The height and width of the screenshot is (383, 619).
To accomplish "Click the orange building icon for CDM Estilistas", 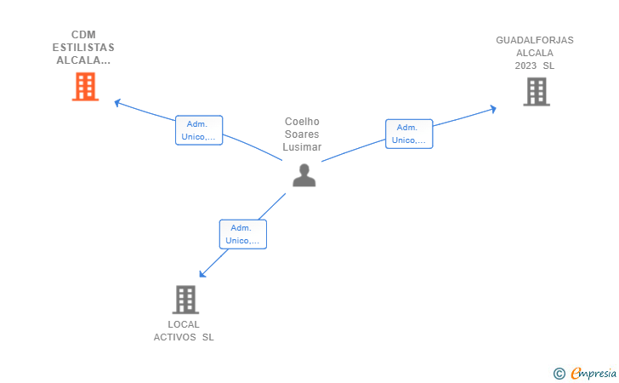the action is (85, 87).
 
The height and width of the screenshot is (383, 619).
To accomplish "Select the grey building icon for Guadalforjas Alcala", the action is (537, 92).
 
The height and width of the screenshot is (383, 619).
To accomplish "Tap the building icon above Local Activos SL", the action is (185, 300).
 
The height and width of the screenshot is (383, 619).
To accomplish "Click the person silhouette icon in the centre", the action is (304, 175).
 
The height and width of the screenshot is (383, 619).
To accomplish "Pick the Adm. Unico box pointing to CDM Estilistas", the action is (199, 130).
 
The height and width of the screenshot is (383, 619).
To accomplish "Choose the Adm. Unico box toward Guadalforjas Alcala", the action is (409, 134).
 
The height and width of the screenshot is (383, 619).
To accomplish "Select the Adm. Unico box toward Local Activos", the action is (243, 234).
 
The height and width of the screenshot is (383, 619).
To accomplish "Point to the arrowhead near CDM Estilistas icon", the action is (116, 103).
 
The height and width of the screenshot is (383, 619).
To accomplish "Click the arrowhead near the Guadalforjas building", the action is (493, 109).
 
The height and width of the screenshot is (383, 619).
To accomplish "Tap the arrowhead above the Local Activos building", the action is (202, 274).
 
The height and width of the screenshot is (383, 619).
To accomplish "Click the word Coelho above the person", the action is (302, 122).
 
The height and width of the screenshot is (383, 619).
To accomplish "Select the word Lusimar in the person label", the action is (302, 147).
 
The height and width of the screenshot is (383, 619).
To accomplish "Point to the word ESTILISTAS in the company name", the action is (83, 48).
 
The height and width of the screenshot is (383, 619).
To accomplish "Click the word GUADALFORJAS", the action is (535, 40).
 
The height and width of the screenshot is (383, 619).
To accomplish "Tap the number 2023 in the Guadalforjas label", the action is (525, 66).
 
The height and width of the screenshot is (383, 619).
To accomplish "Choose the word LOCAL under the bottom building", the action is (184, 324).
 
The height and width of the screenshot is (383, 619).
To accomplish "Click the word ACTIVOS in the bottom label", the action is (174, 337).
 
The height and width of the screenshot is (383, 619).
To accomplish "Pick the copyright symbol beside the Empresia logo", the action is (559, 374).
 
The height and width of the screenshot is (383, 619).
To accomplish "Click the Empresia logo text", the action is (593, 373).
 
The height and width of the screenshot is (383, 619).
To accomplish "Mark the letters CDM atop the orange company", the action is (83, 35).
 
